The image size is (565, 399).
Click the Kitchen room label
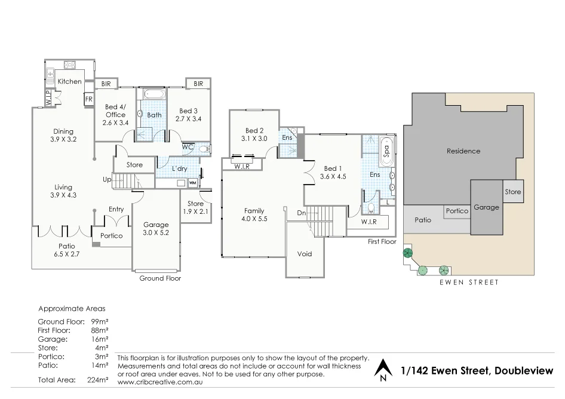[x=70, y=81]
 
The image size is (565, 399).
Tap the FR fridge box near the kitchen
[x=88, y=99]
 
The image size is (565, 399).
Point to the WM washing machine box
[x=192, y=183]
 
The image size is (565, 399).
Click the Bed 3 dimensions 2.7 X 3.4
[x=188, y=119]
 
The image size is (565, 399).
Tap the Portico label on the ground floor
[x=111, y=236]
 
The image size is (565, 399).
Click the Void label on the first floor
[x=305, y=254]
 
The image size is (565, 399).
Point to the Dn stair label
[x=302, y=213]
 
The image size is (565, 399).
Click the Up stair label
[x=107, y=179]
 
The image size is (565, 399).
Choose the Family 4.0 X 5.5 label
[x=254, y=215]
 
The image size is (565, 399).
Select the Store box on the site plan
[x=512, y=192]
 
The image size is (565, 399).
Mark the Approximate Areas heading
[x=72, y=309]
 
